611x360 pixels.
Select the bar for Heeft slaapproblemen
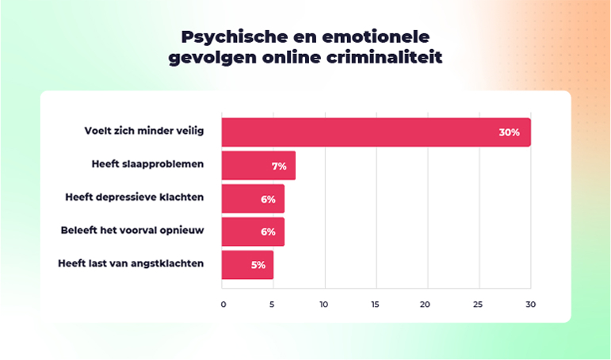coord(258,166)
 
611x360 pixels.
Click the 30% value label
coord(509,132)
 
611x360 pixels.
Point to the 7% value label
coord(279,166)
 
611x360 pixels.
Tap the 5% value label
coord(258,265)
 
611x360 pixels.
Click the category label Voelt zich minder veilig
coord(144,131)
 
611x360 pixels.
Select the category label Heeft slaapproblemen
coord(147,164)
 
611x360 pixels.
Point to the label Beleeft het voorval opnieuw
coord(132,231)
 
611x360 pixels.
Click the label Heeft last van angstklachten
coord(131,263)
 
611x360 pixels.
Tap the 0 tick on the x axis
coord(223,304)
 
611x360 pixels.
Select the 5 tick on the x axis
coord(273,304)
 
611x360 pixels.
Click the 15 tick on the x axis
coord(375,304)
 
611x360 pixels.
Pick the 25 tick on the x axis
coord(478,304)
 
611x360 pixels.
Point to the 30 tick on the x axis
coord(530,304)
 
